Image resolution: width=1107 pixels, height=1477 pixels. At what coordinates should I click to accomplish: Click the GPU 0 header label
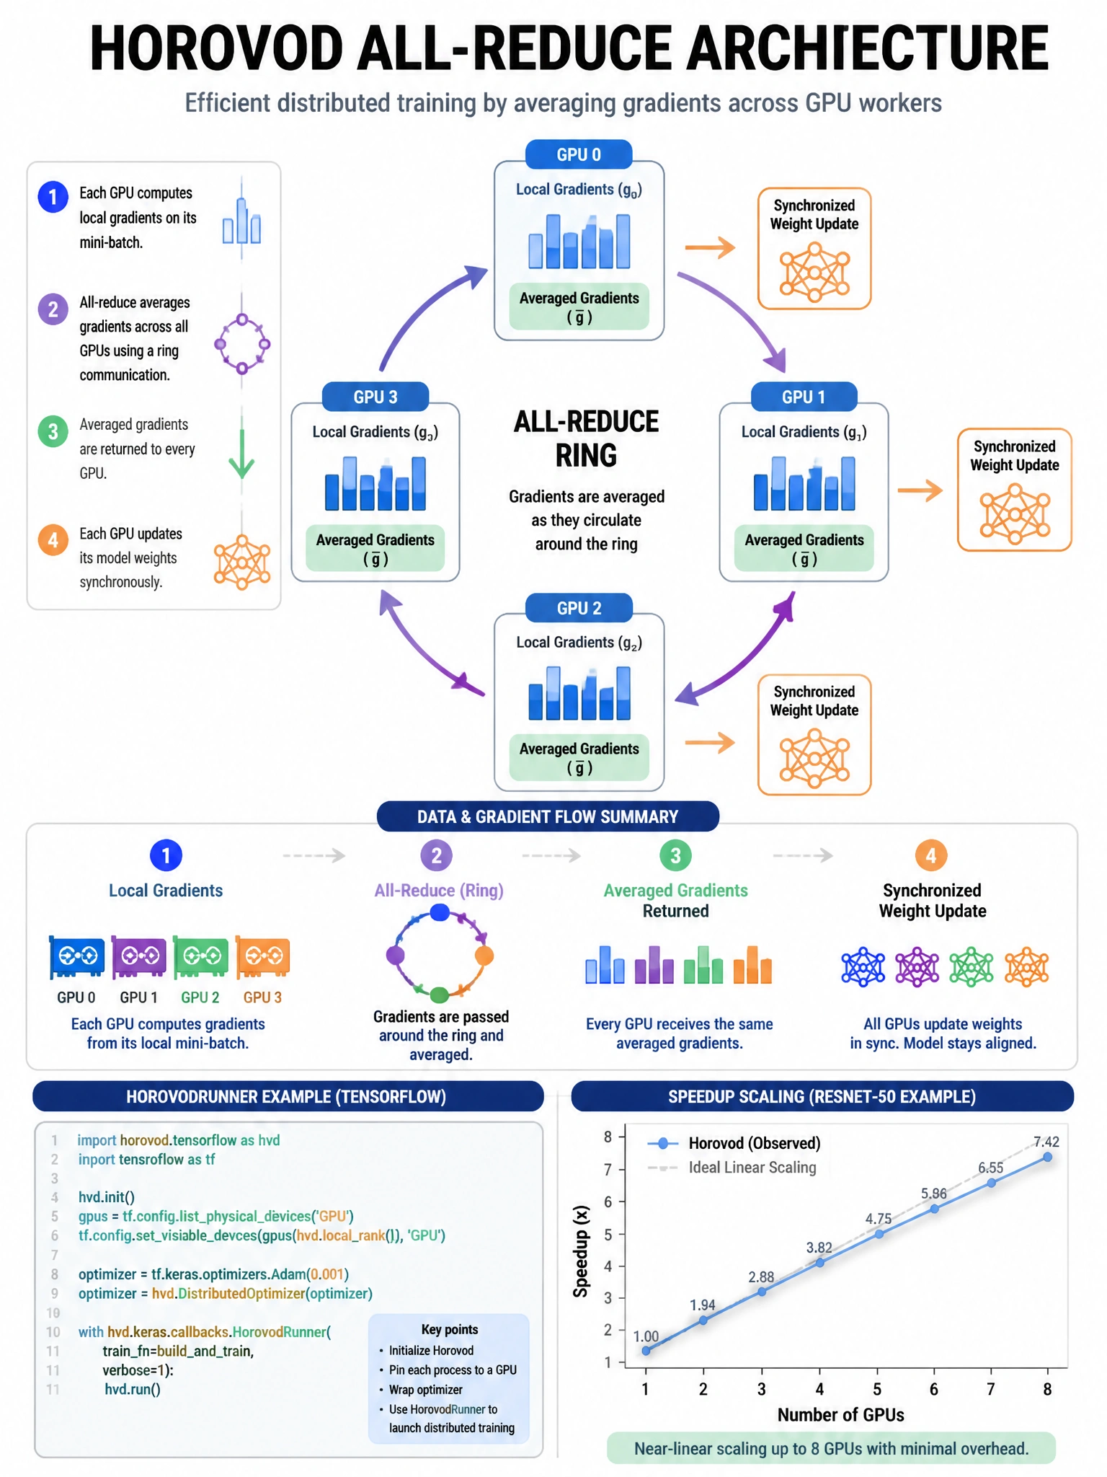(579, 154)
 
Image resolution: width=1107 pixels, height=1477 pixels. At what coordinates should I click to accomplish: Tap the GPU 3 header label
(375, 397)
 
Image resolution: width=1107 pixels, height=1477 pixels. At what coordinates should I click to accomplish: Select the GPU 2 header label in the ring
(579, 608)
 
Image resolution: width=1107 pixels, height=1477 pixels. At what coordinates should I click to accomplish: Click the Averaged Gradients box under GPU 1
(804, 548)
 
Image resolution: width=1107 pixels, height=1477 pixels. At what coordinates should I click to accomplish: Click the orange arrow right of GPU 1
(920, 490)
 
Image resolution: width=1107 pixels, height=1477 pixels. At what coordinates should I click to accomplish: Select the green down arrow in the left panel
(241, 454)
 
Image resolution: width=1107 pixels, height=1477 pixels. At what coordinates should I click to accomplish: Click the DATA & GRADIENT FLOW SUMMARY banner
(548, 816)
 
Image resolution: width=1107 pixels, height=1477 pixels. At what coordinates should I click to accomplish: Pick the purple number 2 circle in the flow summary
(436, 856)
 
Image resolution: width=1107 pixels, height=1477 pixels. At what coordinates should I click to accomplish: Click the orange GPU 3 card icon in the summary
(262, 958)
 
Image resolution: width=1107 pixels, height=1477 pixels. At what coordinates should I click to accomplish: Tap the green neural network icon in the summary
(971, 967)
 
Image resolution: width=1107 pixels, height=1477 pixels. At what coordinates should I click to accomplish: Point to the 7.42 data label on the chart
(1046, 1142)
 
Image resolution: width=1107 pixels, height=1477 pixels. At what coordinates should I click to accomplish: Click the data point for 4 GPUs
(819, 1263)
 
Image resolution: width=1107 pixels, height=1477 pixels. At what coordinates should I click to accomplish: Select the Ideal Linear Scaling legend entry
(732, 1168)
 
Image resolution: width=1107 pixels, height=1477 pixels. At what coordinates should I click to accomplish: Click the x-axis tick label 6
(933, 1389)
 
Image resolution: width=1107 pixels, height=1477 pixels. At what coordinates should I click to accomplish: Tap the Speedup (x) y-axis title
(581, 1251)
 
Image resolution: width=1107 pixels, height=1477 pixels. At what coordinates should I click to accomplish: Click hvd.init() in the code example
(107, 1197)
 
